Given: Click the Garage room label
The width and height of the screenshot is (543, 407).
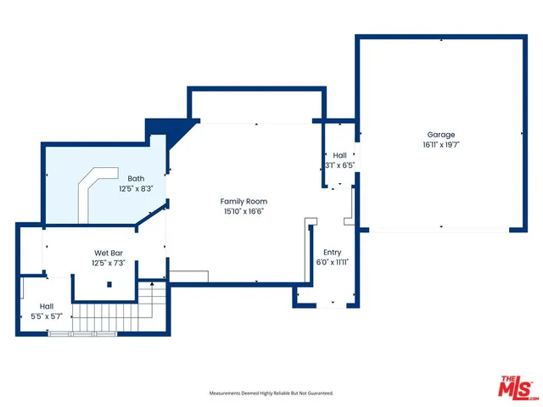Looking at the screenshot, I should tap(440, 135).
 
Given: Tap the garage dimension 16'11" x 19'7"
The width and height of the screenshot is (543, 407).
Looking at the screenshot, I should tap(440, 145).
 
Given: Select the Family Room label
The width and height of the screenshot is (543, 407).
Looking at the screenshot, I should tap(244, 201).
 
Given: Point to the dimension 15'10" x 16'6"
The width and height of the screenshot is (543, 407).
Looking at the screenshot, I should tap(244, 212).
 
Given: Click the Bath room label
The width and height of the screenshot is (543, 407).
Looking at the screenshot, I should tap(136, 178).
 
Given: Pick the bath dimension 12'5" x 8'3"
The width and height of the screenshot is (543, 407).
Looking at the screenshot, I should tap(136, 188).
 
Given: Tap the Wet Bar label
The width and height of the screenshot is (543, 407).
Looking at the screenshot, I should tap(110, 253).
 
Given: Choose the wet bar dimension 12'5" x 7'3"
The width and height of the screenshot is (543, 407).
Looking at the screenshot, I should tap(110, 263).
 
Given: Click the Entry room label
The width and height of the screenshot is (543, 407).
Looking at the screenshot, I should tap(332, 252).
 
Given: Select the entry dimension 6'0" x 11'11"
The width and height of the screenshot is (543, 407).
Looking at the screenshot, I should tap(332, 263).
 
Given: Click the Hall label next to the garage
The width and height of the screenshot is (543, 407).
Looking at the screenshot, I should tap(339, 155).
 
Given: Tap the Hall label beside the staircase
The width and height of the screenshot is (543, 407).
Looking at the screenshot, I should tap(46, 306).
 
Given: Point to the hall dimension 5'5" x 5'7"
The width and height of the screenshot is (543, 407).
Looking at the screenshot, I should tap(46, 316).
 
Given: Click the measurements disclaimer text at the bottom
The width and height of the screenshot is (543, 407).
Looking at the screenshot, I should tap(271, 393).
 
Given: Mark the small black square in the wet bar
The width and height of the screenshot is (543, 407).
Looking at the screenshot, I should tap(109, 284).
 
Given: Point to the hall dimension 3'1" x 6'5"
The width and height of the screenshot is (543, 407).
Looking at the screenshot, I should tap(339, 165).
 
